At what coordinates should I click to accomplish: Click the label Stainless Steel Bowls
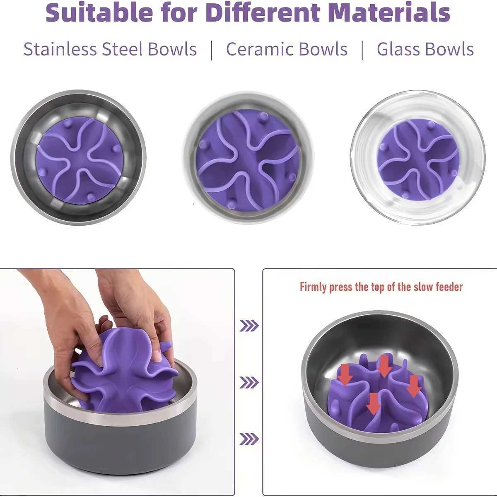click(x=110, y=49)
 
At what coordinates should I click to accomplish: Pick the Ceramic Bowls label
click(x=287, y=49)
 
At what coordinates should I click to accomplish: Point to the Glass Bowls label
click(x=425, y=49)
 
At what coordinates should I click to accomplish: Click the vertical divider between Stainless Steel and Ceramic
click(x=212, y=50)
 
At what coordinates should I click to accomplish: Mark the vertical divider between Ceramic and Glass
click(x=362, y=50)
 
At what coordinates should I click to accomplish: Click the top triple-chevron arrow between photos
click(x=249, y=326)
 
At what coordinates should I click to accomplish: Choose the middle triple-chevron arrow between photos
click(x=249, y=382)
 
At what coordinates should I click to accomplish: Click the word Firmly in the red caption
click(x=314, y=287)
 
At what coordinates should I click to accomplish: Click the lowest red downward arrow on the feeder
click(x=374, y=403)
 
